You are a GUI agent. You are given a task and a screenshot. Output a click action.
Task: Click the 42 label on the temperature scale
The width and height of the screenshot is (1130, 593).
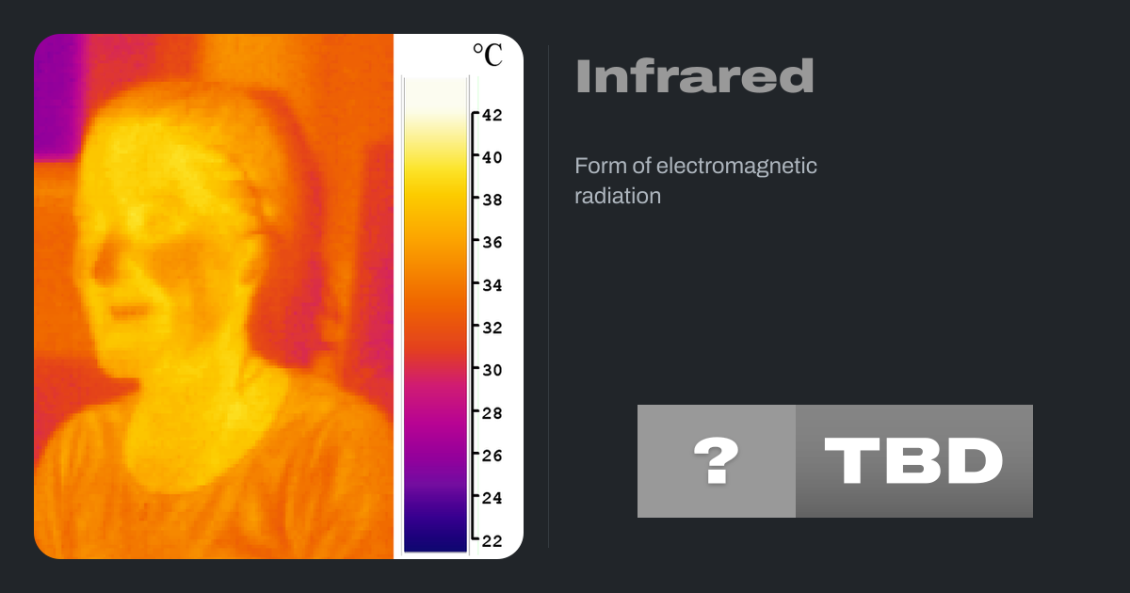coord(492,116)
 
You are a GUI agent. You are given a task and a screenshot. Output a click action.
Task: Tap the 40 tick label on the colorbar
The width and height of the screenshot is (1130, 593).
coord(492,158)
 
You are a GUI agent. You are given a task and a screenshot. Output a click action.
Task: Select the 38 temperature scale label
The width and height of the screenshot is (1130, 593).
coord(492,200)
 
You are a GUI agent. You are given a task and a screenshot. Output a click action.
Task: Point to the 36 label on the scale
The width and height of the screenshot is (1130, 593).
coord(492,243)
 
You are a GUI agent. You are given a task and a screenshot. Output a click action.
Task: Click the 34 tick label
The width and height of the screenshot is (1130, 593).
coord(492,285)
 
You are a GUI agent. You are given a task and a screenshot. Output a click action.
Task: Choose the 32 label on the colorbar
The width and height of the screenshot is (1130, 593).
coord(492,328)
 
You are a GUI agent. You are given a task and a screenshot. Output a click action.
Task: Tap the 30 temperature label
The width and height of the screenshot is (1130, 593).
coord(492,371)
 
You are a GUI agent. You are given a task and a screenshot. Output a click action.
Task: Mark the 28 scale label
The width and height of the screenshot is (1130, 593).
coord(492,413)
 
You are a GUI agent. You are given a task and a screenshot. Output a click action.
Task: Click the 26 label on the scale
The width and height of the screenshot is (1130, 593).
coord(492,456)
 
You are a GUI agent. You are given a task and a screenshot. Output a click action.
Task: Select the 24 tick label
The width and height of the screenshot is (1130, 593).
coord(492,498)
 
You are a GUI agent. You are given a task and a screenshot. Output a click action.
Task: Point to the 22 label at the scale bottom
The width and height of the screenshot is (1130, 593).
coord(492,541)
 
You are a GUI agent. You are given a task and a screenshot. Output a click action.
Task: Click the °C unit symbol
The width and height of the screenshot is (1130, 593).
coord(488,55)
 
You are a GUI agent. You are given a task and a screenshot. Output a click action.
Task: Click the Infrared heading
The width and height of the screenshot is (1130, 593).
coord(695,76)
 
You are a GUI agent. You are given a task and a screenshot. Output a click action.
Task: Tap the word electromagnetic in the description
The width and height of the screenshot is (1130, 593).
coord(736,166)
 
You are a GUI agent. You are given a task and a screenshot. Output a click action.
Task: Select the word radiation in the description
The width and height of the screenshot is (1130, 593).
coord(618,196)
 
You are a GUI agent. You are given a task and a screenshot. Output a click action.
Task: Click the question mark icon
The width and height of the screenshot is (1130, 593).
coord(717,460)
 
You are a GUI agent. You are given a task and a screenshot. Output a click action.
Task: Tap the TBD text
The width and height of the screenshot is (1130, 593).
coord(913,460)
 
